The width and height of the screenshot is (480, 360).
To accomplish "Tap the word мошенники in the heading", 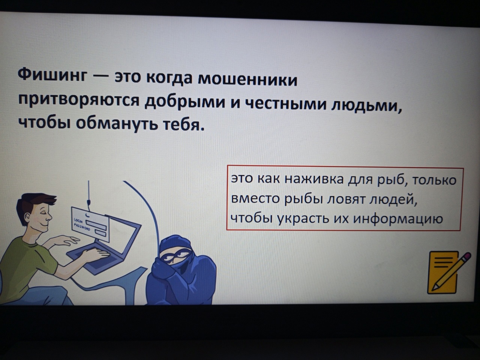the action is (x=247, y=80).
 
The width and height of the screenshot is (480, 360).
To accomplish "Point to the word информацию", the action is (x=398, y=219).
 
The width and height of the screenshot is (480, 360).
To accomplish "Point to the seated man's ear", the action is (x=27, y=218).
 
